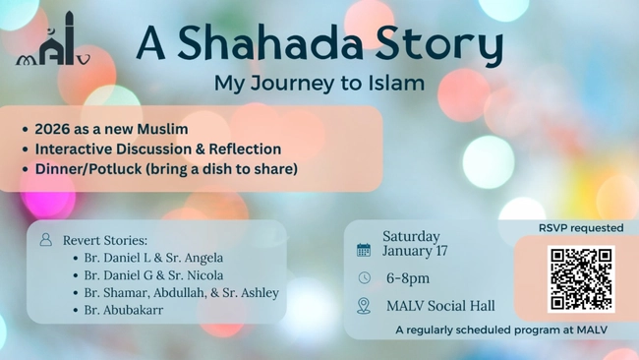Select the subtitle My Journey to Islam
pyautogui.click(x=319, y=83)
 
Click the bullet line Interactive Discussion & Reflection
pyautogui.click(x=158, y=149)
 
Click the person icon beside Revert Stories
pyautogui.click(x=45, y=240)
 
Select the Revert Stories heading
pyautogui.click(x=105, y=240)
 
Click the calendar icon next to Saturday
pyautogui.click(x=364, y=250)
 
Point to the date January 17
pyautogui.click(x=415, y=251)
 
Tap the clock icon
pyautogui.click(x=364, y=278)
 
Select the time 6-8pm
pyautogui.click(x=408, y=278)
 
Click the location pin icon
pyautogui.click(x=364, y=306)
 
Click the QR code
pyautogui.click(x=580, y=279)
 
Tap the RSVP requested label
pyautogui.click(x=581, y=227)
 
